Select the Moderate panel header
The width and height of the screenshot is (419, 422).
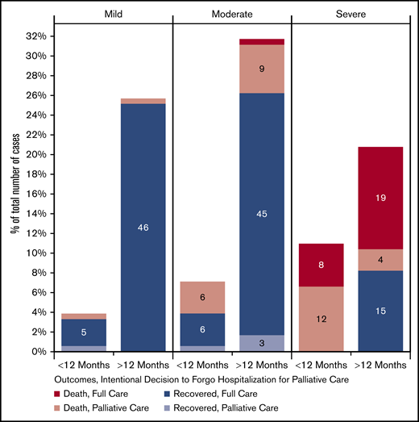[x=231, y=15]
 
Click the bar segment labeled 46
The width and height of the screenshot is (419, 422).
[x=143, y=228]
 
